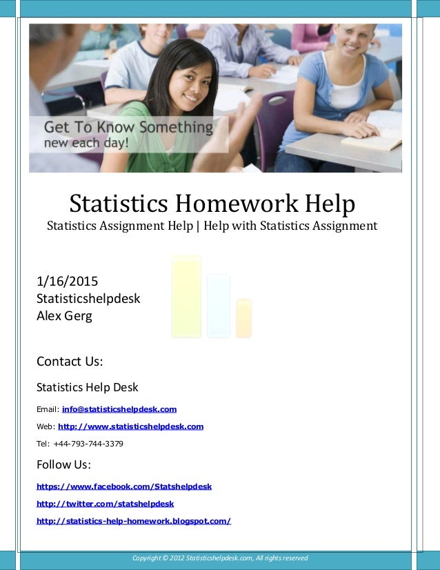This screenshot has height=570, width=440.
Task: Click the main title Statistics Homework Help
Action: pyautogui.click(x=212, y=203)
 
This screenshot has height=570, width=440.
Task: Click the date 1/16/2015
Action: pyautogui.click(x=67, y=282)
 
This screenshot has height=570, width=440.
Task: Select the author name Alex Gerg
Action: pyautogui.click(x=64, y=317)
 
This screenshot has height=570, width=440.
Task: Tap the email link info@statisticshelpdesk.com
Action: pyautogui.click(x=119, y=409)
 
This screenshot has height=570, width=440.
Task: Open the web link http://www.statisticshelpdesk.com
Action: pyautogui.click(x=130, y=426)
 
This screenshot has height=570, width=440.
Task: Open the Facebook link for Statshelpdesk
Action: pyautogui.click(x=124, y=487)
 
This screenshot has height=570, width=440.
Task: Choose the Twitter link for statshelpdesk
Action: pyautogui.click(x=105, y=504)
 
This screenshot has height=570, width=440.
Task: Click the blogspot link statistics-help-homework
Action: pyautogui.click(x=133, y=521)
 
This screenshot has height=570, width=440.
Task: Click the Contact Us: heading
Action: pyautogui.click(x=70, y=362)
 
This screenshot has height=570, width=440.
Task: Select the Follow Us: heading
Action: pyautogui.click(x=63, y=464)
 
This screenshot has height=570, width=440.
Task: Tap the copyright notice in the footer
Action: pyautogui.click(x=220, y=558)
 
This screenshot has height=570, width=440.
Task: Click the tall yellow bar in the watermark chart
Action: pyautogui.click(x=186, y=297)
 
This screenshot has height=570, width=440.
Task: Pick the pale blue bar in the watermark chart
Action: pyautogui.click(x=219, y=306)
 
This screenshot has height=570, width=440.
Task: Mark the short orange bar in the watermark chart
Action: pyautogui.click(x=243, y=318)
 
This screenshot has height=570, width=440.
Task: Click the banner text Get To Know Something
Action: pyautogui.click(x=128, y=128)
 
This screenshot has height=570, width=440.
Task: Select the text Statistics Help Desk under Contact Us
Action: pyautogui.click(x=87, y=387)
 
